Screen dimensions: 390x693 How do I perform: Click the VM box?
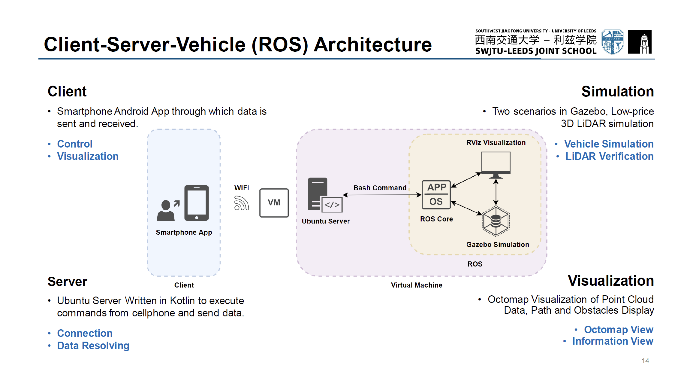click(274, 203)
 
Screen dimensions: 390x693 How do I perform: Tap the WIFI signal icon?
click(241, 203)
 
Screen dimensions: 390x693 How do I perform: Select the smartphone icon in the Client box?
click(197, 203)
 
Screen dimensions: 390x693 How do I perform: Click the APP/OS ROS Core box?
click(436, 195)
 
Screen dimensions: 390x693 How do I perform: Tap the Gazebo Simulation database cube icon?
click(496, 221)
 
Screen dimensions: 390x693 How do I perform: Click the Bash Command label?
click(380, 188)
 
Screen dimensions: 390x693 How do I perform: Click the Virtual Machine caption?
click(416, 285)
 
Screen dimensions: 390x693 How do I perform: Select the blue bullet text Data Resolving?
click(93, 346)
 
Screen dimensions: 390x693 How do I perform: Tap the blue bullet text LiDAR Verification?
click(609, 156)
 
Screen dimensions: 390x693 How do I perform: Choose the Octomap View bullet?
click(618, 330)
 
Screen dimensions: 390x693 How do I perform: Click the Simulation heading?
click(617, 91)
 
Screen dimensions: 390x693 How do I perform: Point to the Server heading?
click(67, 282)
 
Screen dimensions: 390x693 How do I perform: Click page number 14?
click(645, 361)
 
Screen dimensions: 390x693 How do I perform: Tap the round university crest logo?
click(612, 42)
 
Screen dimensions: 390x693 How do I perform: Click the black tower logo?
click(640, 42)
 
